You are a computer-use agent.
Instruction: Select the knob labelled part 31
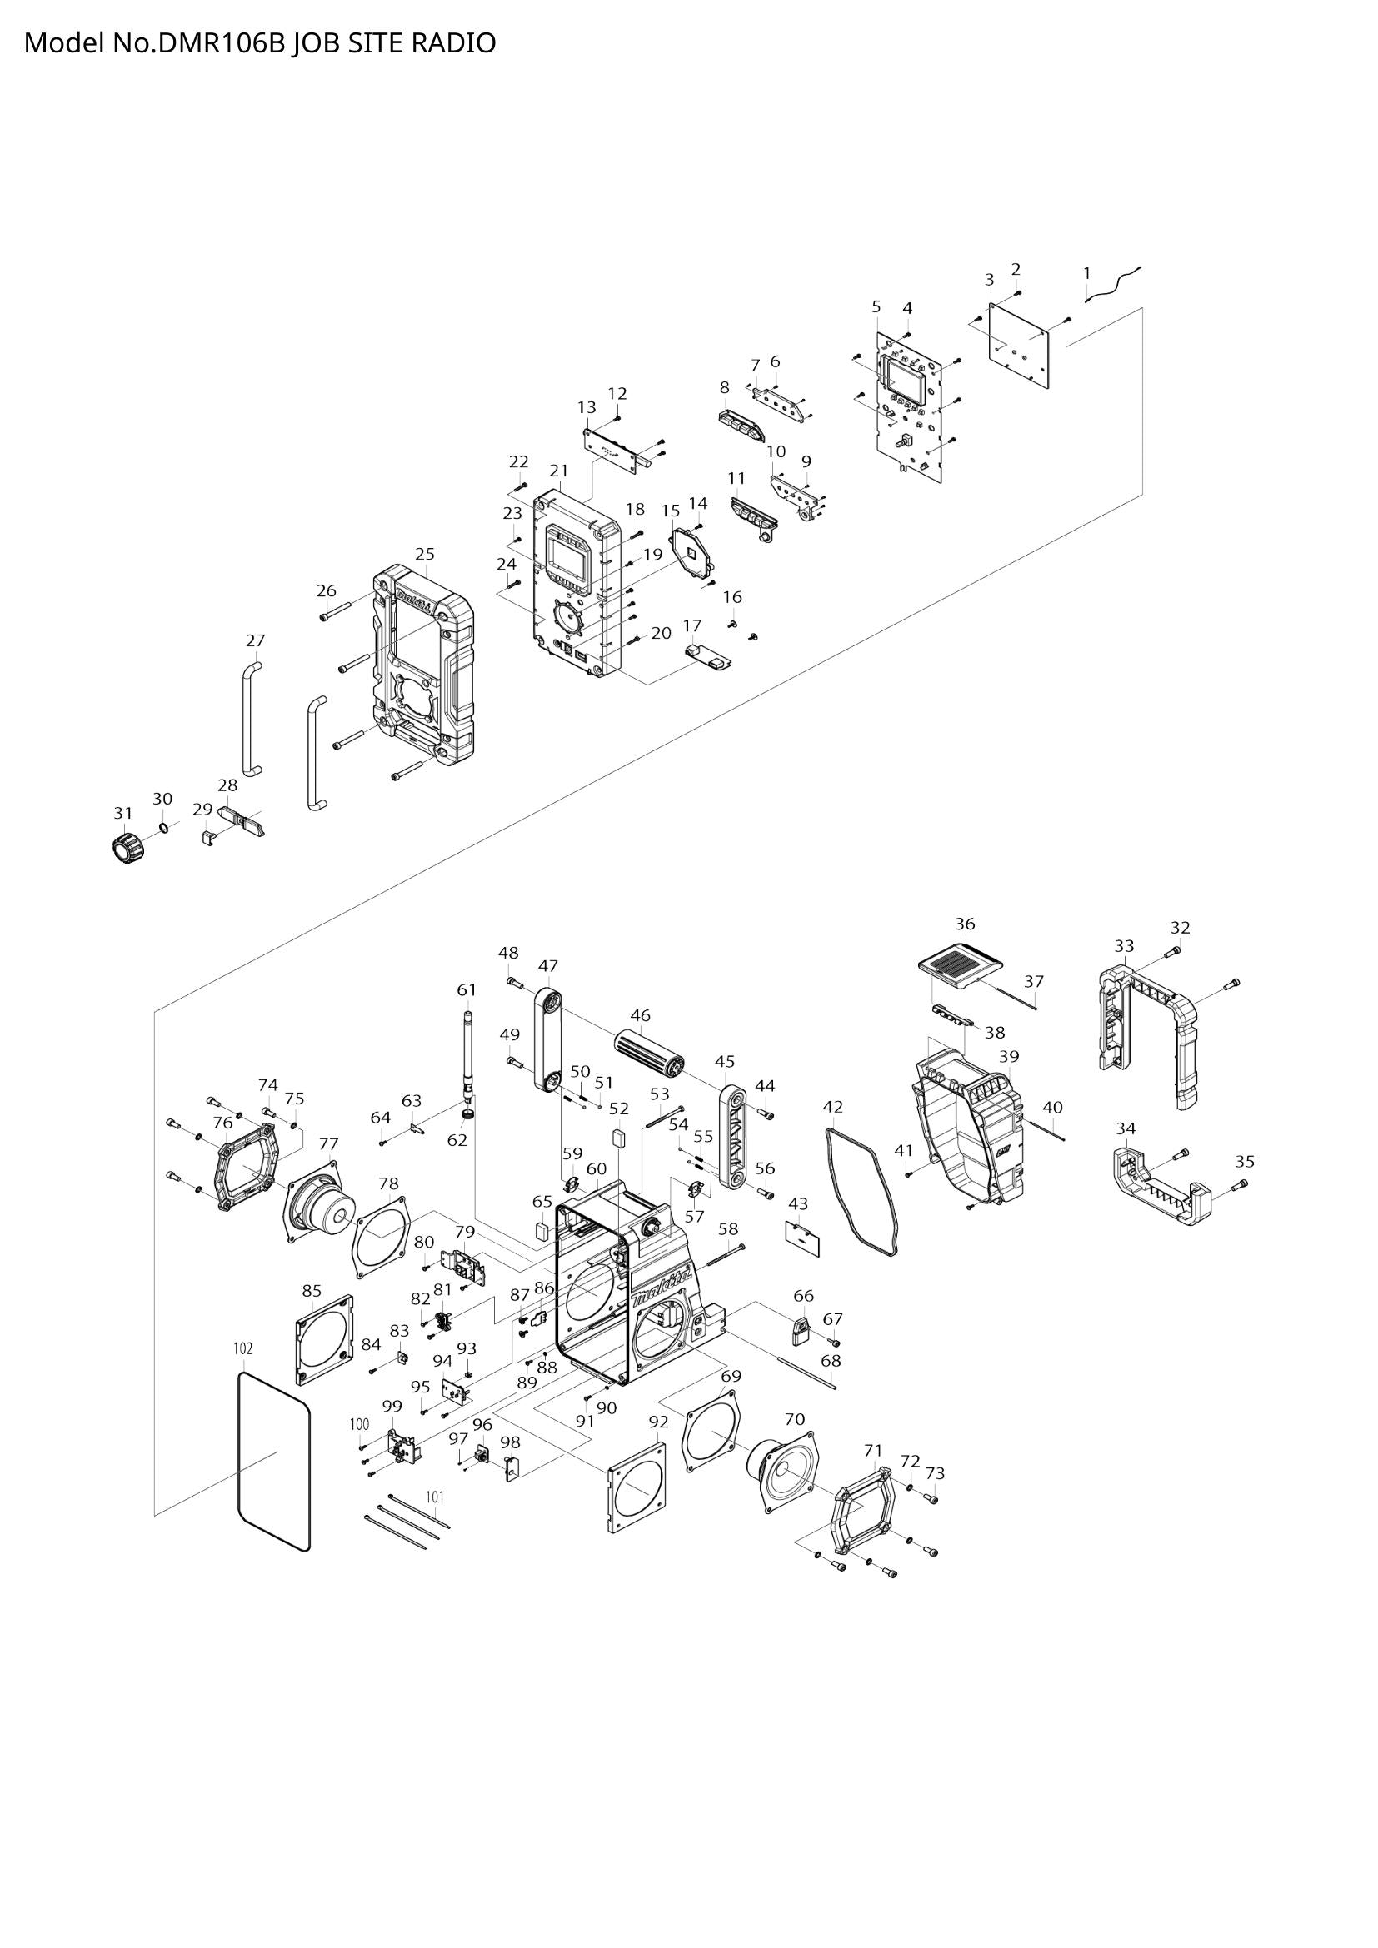click(x=126, y=848)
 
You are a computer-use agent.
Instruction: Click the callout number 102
click(x=242, y=1348)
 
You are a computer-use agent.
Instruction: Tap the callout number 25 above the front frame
click(x=425, y=554)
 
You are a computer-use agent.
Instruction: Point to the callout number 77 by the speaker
click(x=328, y=1143)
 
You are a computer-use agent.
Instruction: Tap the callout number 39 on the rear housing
click(x=1008, y=1056)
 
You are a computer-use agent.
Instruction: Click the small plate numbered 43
click(x=802, y=1238)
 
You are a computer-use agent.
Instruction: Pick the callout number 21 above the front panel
click(x=558, y=470)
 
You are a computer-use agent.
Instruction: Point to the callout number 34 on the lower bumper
click(x=1125, y=1128)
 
